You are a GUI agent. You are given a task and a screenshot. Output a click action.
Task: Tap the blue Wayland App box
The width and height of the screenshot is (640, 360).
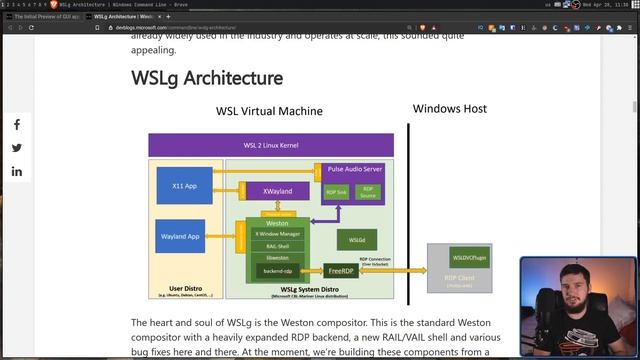click(x=181, y=237)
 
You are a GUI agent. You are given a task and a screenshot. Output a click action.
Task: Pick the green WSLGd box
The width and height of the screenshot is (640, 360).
click(x=357, y=240)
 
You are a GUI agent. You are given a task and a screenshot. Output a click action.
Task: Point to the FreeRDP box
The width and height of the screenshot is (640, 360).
click(x=341, y=270)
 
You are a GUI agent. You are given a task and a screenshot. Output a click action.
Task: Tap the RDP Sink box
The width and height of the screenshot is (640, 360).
click(x=337, y=191)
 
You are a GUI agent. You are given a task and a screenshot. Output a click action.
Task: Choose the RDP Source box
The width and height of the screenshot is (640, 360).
click(x=368, y=191)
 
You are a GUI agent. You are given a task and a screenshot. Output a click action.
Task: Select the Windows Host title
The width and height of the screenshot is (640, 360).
click(x=450, y=108)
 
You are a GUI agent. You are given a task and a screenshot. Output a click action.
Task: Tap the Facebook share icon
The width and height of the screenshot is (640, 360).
click(x=17, y=125)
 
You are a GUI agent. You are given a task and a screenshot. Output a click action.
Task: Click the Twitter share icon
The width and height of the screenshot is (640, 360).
click(x=17, y=148)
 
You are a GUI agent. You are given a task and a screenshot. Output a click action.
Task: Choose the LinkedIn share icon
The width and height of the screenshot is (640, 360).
click(x=17, y=171)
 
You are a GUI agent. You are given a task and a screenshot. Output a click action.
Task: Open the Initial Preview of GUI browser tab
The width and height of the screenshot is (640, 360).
click(x=47, y=16)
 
